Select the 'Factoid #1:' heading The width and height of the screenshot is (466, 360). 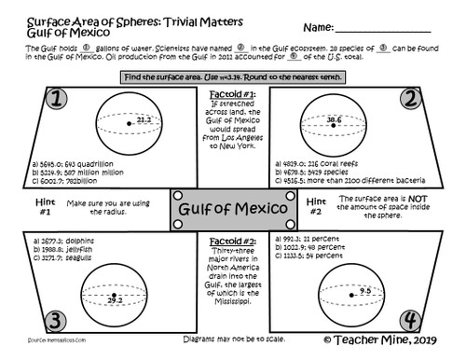(x=231, y=95)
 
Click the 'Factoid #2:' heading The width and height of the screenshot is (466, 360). (x=231, y=240)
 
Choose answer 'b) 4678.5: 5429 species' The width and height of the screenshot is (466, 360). (x=312, y=172)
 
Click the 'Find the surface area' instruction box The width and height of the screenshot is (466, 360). (x=231, y=75)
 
